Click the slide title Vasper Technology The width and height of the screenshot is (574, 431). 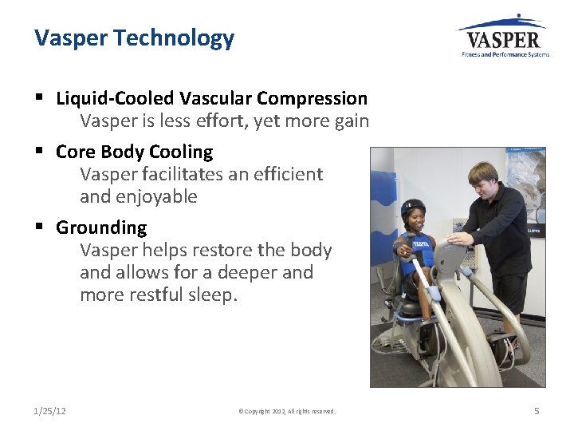(x=134, y=38)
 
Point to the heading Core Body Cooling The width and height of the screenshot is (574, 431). (x=134, y=152)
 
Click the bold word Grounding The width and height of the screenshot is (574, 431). (x=101, y=227)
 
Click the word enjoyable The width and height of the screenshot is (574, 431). (x=156, y=196)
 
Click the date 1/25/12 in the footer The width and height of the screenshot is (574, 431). (x=50, y=411)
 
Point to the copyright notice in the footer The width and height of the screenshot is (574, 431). (x=287, y=412)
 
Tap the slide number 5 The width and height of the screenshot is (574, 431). (x=537, y=411)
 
